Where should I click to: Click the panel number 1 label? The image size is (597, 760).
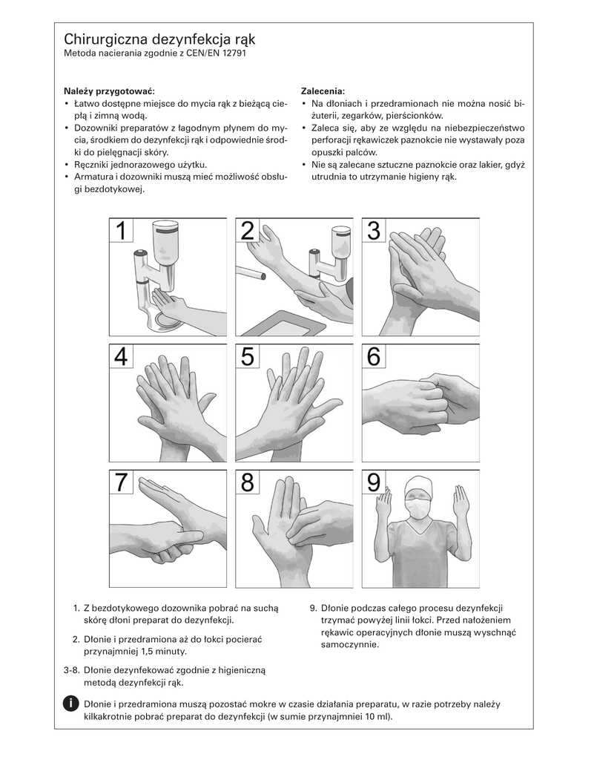click(121, 230)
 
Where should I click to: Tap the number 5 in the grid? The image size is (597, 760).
click(248, 356)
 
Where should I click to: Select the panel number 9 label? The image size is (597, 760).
click(374, 482)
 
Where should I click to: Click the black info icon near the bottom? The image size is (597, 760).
click(70, 704)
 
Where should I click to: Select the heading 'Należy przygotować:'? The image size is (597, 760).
click(110, 91)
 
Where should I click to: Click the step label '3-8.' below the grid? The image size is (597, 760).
click(72, 670)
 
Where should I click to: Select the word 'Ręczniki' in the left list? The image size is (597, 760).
click(91, 165)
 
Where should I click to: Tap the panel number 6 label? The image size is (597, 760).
click(374, 356)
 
